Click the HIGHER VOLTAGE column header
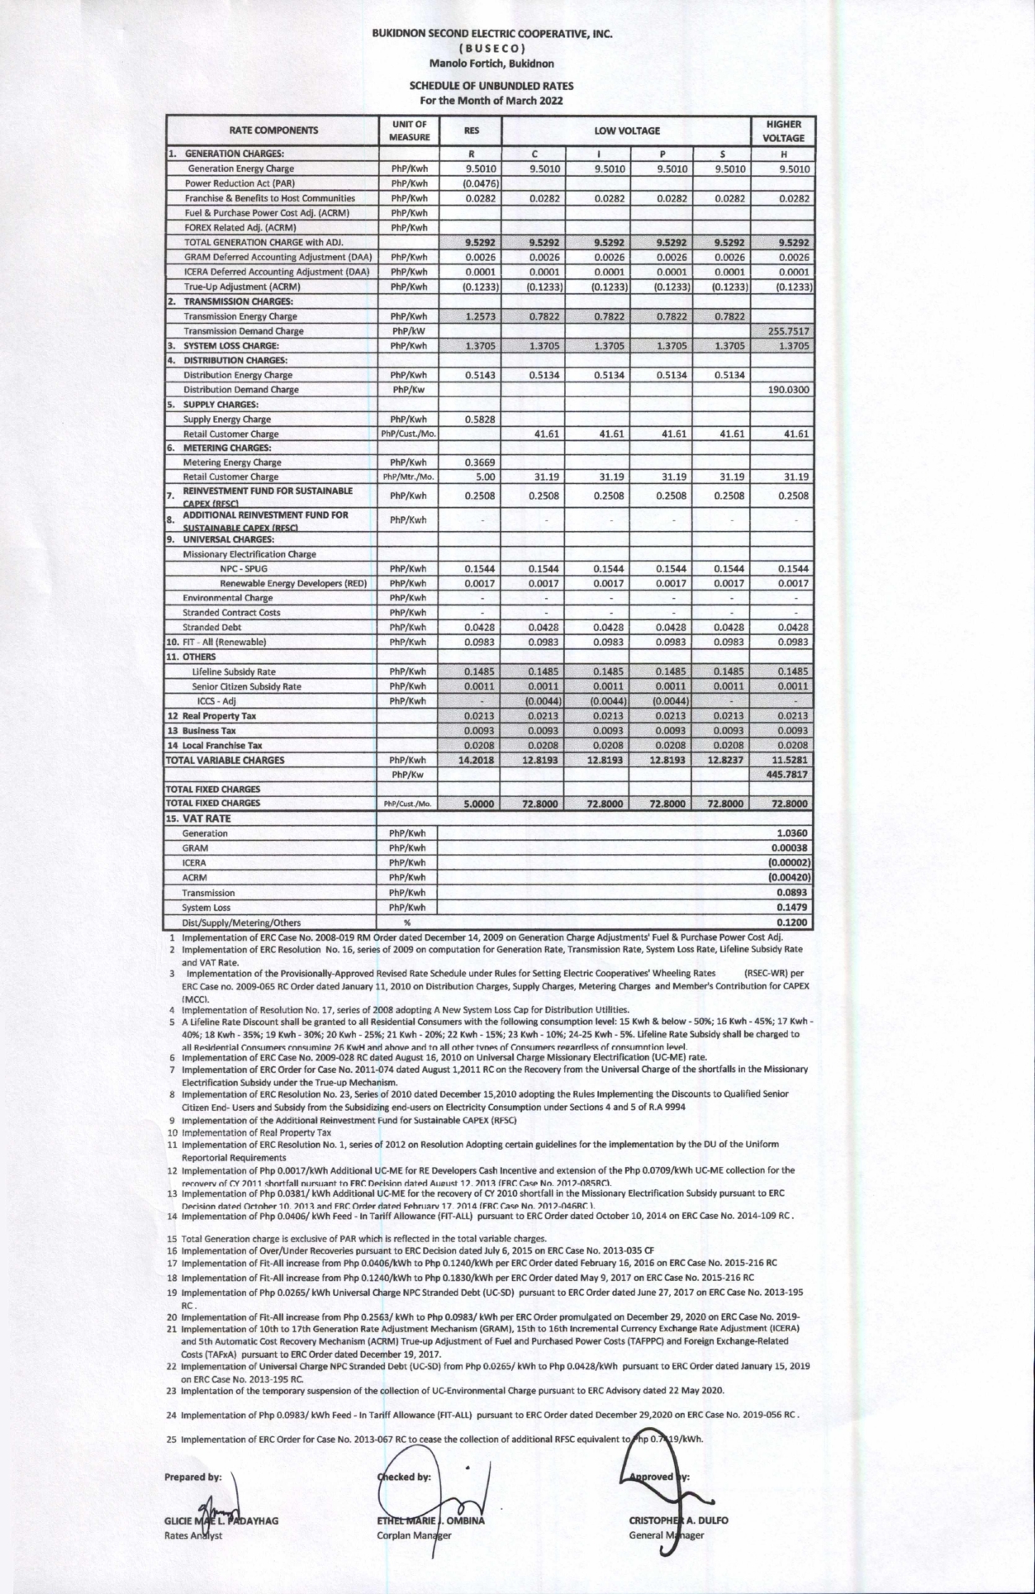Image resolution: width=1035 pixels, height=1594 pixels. click(x=783, y=131)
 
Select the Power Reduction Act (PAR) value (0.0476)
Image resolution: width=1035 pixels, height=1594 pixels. click(x=480, y=183)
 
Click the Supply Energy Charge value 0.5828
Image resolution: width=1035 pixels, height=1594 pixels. click(x=480, y=419)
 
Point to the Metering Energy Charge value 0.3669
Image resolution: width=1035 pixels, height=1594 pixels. click(x=480, y=463)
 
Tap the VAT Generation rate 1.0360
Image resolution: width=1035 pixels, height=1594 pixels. click(x=793, y=833)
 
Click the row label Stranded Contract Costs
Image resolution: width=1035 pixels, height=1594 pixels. click(x=231, y=613)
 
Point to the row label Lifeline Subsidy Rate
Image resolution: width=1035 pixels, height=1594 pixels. click(x=234, y=671)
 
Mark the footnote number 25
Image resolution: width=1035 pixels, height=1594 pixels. click(x=173, y=1439)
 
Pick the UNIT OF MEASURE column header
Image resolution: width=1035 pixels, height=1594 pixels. click(x=410, y=131)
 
